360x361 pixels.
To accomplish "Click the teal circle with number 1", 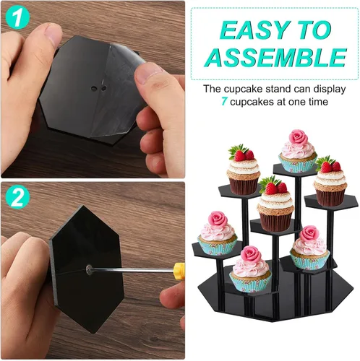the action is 17,17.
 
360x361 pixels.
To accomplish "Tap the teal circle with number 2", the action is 17,197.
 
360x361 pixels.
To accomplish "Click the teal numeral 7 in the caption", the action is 224,102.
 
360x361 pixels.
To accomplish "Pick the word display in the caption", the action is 330,89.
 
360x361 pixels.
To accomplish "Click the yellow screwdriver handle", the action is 179,271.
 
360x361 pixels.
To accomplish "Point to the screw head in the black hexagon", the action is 90,269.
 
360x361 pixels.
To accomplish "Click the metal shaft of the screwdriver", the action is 133,271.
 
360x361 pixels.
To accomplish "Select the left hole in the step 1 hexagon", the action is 94,89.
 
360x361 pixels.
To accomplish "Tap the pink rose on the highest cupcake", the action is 299,137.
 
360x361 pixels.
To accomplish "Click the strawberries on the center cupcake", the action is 275,187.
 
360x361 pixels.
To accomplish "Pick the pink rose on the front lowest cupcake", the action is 251,255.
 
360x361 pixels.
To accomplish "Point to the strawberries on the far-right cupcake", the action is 331,166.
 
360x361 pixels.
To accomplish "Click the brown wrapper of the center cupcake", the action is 275,221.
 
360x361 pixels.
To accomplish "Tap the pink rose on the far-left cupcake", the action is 218,219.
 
